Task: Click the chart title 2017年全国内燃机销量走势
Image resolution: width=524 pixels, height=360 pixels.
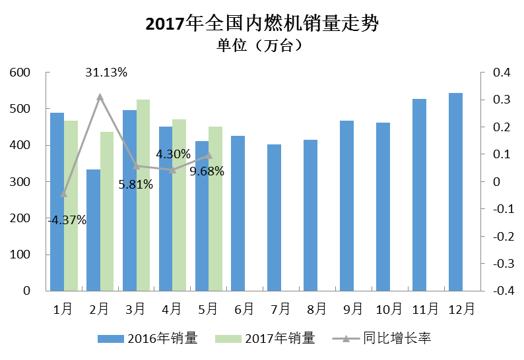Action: click(262, 24)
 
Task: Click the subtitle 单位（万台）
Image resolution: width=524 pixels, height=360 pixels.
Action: click(262, 45)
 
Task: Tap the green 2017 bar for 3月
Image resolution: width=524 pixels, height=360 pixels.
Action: click(143, 195)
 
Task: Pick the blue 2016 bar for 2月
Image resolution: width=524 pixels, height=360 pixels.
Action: click(94, 230)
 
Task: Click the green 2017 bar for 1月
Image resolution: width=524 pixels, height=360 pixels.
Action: click(71, 206)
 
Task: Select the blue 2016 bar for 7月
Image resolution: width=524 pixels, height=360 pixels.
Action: click(274, 218)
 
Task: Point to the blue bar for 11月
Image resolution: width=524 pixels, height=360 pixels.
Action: click(419, 195)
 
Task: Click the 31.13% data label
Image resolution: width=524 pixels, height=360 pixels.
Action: click(106, 73)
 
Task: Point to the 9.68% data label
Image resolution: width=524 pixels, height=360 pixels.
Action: click(207, 171)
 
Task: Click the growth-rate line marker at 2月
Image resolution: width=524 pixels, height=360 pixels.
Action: click(100, 97)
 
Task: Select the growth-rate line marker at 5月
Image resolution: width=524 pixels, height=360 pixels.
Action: click(209, 156)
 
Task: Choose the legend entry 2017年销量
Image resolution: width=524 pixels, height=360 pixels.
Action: click(265, 338)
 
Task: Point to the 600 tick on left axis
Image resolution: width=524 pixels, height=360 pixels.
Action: click(22, 73)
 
